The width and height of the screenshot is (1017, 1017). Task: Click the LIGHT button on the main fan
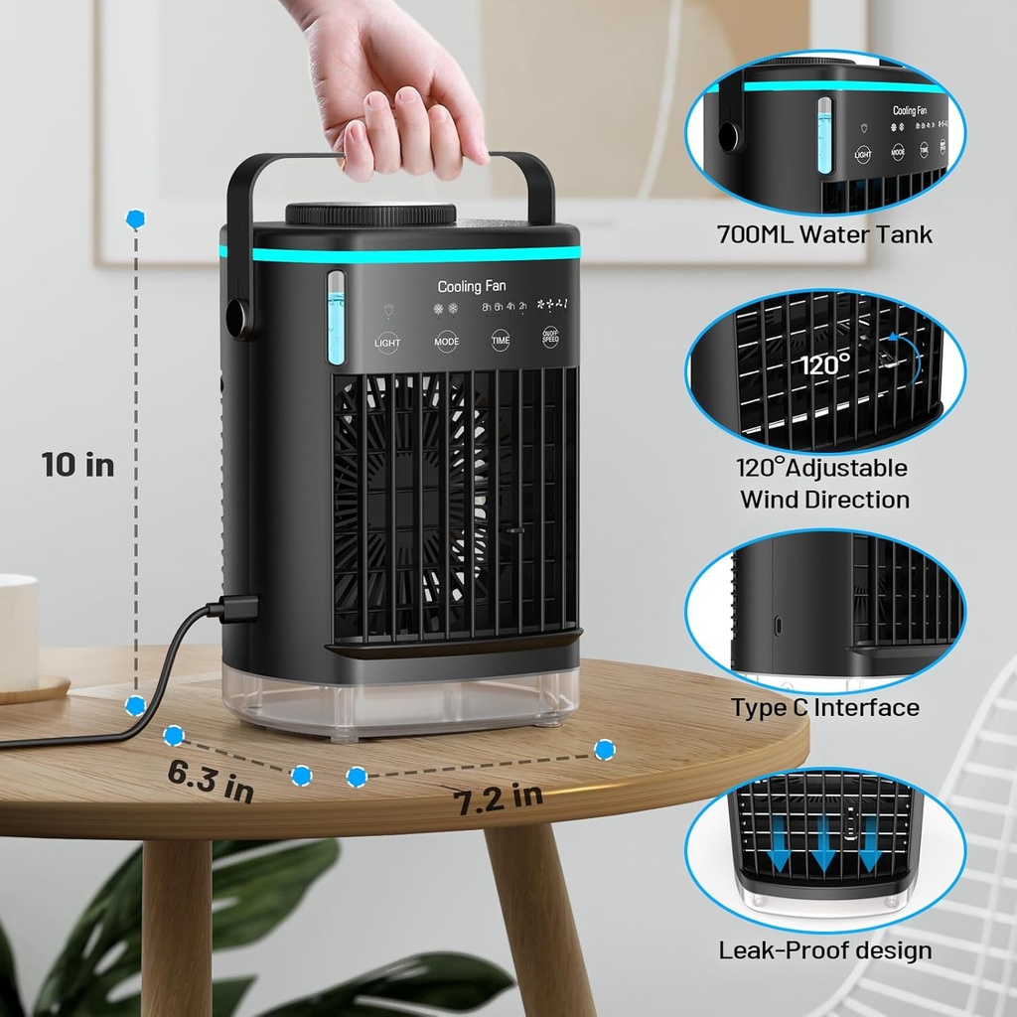[x=387, y=342]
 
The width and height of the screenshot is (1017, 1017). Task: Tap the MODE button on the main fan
[x=447, y=341]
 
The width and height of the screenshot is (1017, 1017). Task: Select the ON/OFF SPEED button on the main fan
[x=550, y=338]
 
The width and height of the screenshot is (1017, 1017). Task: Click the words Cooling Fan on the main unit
[x=472, y=286]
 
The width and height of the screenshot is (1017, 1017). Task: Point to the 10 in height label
[x=77, y=464]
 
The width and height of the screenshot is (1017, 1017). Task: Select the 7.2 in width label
[x=499, y=796]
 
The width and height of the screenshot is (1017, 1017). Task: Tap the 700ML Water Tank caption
[x=824, y=235]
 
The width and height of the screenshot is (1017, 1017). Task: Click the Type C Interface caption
[x=825, y=707]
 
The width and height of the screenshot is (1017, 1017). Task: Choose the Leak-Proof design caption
[x=825, y=950]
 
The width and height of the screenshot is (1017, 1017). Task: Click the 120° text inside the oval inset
[x=825, y=364]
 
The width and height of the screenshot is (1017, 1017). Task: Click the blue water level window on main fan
[x=336, y=318]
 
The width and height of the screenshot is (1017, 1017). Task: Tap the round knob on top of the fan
[x=370, y=214]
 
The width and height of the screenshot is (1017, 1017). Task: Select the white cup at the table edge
[x=17, y=631]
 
